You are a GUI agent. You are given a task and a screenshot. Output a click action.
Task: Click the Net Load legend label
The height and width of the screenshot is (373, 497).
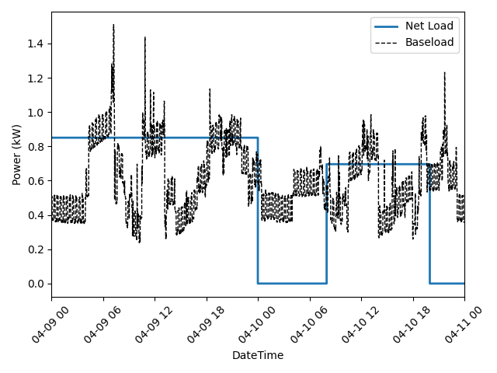click(x=429, y=26)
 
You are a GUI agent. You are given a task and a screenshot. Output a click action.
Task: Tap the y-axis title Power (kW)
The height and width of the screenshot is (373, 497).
click(x=16, y=154)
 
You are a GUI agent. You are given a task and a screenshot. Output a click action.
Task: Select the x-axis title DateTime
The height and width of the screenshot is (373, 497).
click(x=258, y=355)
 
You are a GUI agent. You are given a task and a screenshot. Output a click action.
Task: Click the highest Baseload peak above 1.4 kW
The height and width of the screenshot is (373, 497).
click(x=113, y=25)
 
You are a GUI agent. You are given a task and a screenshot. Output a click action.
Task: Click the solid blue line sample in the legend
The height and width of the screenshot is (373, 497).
click(x=386, y=26)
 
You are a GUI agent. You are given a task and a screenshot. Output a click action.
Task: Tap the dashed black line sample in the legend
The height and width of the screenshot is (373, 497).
click(x=386, y=42)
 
